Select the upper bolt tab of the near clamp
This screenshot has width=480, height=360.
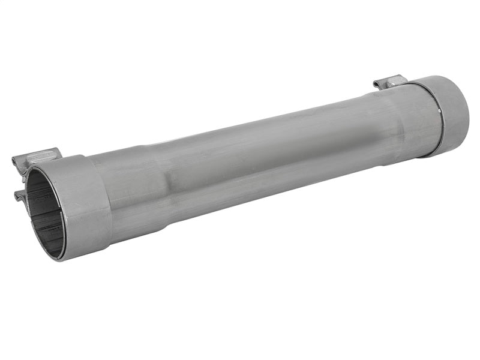tap(36, 159)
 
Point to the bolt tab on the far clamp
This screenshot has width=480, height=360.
tap(390, 82)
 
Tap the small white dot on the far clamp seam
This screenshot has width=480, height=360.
tap(440, 109)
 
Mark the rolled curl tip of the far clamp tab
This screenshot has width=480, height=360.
tap(376, 85)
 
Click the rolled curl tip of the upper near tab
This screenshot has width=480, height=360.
tap(16, 161)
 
